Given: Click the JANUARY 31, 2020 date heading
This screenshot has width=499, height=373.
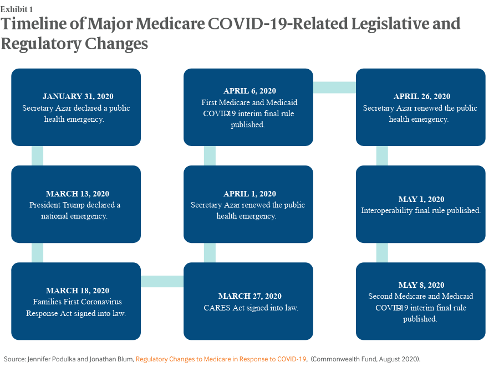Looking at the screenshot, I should (76, 97).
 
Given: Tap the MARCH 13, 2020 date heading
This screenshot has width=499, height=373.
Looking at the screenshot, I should (76, 194).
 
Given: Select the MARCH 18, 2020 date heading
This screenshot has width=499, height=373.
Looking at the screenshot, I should (76, 291).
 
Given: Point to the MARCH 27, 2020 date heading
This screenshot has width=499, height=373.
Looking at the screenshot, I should (248, 296).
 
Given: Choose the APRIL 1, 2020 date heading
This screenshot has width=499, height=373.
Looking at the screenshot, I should (248, 194).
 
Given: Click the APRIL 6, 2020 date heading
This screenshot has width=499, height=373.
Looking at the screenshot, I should (248, 91).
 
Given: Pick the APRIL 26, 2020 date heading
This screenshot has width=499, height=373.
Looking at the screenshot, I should (421, 97).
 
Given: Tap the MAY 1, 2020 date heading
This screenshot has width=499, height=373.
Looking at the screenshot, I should (421, 199).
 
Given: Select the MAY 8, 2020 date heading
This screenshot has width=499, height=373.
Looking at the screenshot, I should (421, 285).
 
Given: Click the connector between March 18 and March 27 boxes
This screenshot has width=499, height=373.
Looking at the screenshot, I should (162, 281).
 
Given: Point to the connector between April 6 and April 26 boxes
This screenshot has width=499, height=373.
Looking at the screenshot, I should (334, 87).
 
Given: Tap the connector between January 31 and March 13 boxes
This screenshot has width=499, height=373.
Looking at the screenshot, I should (37, 156).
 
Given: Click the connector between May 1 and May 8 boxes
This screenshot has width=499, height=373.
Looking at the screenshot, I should (382, 252).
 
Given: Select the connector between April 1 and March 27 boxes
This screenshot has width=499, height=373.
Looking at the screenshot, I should (210, 252).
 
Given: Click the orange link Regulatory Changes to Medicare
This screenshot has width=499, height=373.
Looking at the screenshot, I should (221, 359).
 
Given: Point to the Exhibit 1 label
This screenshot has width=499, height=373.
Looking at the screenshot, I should (17, 9).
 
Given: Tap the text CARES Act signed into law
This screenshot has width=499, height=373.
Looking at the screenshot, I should (248, 308).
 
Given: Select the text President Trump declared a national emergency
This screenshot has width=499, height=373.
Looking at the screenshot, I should (76, 210).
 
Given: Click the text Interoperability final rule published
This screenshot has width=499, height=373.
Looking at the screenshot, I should (421, 211).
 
